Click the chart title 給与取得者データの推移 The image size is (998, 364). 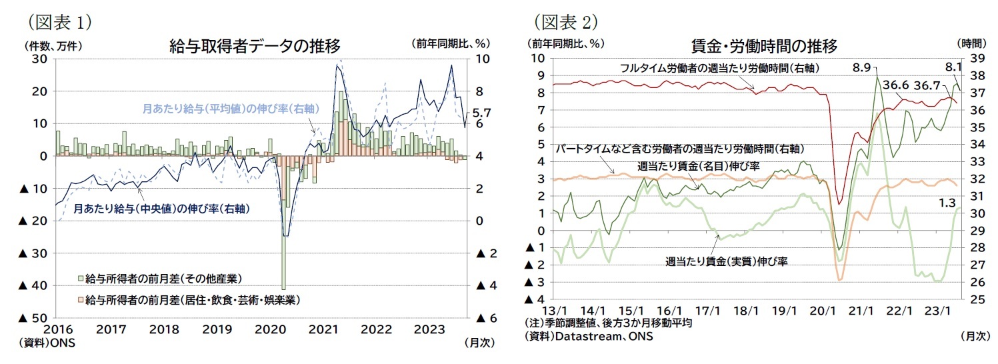(255, 46)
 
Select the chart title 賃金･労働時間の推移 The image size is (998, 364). (764, 46)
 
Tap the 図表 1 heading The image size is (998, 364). (60, 22)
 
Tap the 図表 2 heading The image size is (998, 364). (566, 22)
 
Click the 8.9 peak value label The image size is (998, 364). (861, 67)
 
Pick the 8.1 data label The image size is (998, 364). (953, 67)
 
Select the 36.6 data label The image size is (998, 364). (896, 85)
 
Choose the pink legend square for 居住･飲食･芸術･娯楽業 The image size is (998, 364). (80, 300)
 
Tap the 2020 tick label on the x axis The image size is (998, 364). (270, 329)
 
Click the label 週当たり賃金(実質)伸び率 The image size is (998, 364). (726, 261)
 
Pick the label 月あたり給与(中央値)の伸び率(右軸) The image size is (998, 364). (161, 208)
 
